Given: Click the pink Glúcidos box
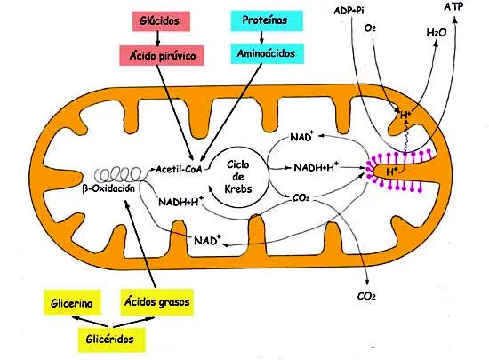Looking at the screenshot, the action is point(161,21).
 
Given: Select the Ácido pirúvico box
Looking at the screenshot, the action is point(162,55).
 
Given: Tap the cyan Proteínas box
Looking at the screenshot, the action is point(267,20).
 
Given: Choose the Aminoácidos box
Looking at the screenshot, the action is point(267,53).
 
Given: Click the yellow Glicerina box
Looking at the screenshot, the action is point(72,302).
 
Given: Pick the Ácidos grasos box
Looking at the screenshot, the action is point(156,302).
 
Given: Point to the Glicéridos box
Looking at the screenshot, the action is point(111,340).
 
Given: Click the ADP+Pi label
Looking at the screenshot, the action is point(349,11).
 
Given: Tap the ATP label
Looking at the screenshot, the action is point(453,6).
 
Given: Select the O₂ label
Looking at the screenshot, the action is point(370,28).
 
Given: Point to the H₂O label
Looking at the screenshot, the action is point(436,32).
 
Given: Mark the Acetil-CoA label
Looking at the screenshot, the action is point(179,169).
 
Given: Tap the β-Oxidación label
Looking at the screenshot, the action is point(108,188).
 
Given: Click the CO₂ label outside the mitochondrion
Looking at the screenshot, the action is point(366,296).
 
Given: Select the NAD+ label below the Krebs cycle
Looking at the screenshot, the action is point(207,240).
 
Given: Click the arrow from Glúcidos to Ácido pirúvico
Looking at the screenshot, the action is point(157,38).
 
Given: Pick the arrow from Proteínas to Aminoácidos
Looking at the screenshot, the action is point(261,37).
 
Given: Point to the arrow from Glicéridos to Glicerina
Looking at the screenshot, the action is point(90,322).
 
